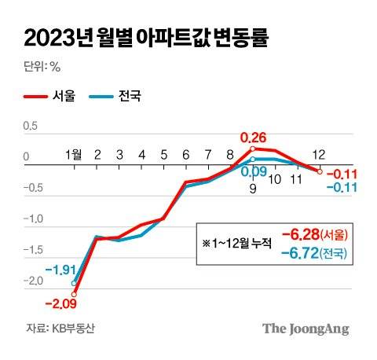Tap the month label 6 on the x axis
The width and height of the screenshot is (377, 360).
point(185,155)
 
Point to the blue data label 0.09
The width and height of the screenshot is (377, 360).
point(253,172)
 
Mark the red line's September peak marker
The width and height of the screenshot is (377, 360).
point(253,148)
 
